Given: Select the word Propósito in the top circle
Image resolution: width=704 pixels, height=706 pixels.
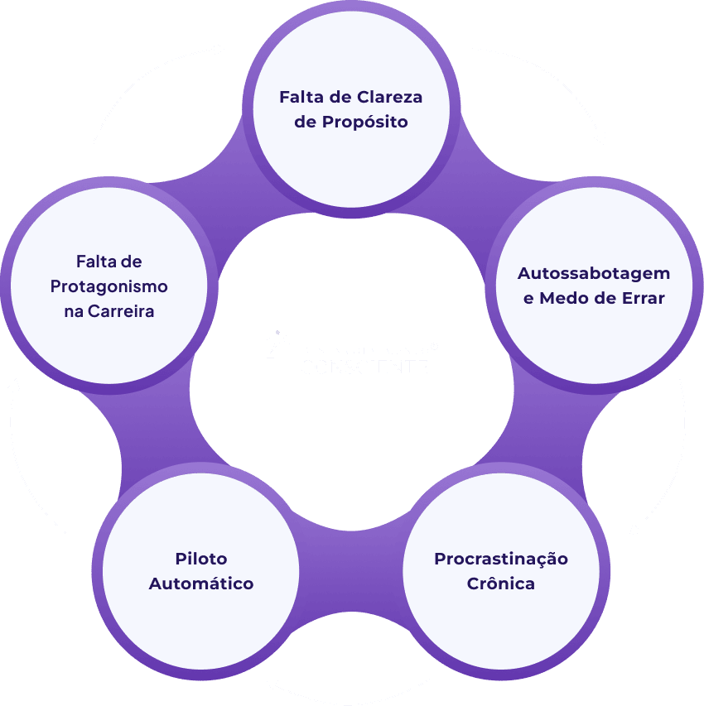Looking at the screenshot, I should pos(365,122).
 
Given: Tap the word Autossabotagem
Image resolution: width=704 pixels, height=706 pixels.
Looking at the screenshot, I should pos(594,273).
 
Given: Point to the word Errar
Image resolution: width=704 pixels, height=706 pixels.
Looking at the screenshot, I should pos(643,298).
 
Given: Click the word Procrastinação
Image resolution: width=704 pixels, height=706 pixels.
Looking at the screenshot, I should pos(501,559).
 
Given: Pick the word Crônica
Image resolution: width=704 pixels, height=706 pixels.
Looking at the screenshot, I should pos(501,584).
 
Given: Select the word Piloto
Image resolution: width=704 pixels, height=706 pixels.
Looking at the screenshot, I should pos(201,559).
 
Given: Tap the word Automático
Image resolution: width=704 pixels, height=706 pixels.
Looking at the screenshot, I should pos(201,584).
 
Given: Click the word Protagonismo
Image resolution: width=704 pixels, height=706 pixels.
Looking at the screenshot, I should pos(108,286).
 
